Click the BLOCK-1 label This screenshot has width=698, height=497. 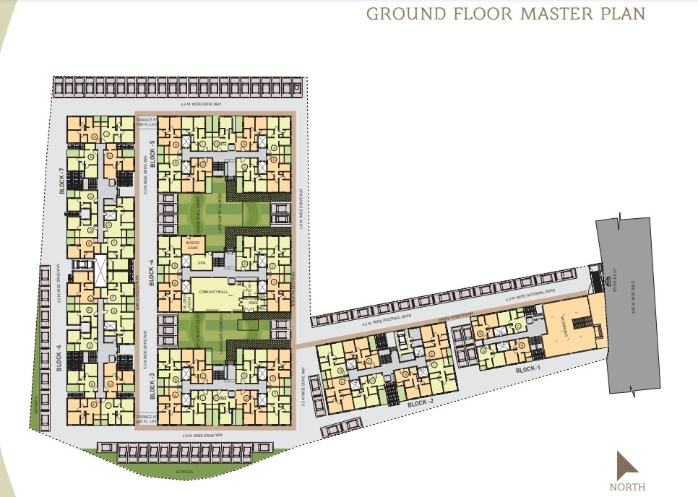pyautogui.click(x=530, y=370)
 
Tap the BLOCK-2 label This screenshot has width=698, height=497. pyautogui.click(x=420, y=403)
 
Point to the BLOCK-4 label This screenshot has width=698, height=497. pyautogui.click(x=152, y=272)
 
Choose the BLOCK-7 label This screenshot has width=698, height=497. pyautogui.click(x=62, y=181)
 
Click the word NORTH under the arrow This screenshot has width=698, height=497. pyautogui.click(x=626, y=487)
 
